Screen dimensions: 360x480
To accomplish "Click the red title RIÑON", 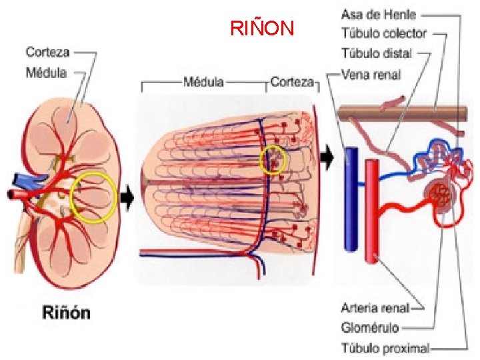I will coord(261,29).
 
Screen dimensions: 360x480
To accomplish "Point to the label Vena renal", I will coord(371,74).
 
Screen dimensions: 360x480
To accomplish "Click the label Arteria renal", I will coord(374,308).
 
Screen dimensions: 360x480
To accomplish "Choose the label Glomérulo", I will coord(370,327).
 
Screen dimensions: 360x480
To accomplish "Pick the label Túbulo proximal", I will coord(385,347).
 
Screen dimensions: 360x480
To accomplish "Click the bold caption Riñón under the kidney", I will coord(67,313).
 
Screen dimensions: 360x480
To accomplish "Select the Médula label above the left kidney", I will coord(47,71).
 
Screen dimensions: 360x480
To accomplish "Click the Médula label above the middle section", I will coord(203,83).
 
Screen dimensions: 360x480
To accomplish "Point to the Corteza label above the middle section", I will coord(292,83).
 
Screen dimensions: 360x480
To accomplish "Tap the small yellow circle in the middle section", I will coord(273,160).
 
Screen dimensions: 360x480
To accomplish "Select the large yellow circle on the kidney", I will coord(94,197).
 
